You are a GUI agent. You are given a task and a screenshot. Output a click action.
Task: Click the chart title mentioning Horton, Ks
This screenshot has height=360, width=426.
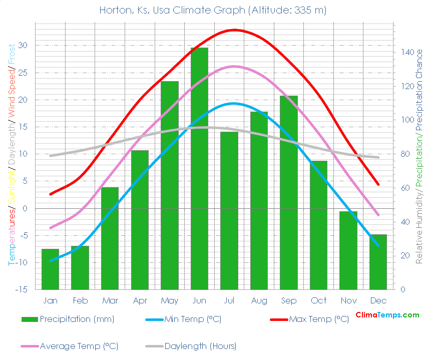(213, 10)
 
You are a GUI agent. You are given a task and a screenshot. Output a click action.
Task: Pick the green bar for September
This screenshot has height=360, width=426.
(289, 192)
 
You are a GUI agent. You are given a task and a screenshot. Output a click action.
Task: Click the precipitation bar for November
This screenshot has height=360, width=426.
(348, 250)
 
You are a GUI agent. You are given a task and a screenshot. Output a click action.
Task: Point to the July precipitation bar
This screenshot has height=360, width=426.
(229, 210)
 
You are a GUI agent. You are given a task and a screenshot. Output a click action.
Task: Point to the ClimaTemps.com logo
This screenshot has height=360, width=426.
(387, 315)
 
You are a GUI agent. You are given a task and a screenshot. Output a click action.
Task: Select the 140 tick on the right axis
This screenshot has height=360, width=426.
(406, 52)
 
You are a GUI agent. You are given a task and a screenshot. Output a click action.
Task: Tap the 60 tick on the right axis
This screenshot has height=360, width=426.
(404, 188)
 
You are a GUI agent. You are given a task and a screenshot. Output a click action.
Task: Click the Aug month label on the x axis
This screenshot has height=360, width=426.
(259, 301)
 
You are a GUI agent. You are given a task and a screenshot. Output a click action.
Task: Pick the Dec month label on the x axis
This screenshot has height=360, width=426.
(378, 301)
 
